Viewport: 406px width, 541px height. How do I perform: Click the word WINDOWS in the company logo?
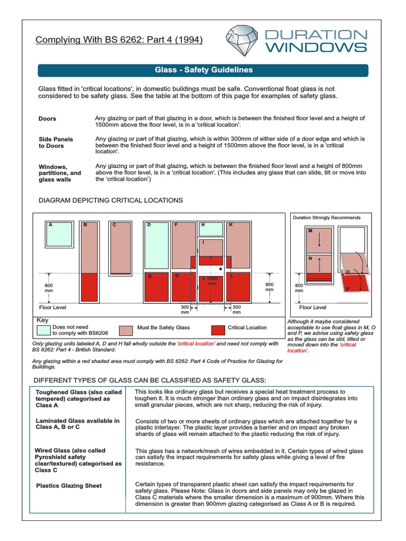click(315, 48)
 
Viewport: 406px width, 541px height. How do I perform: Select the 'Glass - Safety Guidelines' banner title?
click(203, 70)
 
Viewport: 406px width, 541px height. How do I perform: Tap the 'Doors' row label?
click(48, 119)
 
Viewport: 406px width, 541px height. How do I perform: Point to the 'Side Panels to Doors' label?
click(56, 143)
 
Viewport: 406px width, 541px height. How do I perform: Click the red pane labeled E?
click(157, 288)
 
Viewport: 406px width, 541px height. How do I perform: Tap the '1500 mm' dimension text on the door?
click(213, 281)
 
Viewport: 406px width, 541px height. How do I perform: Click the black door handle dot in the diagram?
click(220, 269)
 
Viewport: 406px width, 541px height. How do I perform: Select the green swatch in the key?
click(43, 331)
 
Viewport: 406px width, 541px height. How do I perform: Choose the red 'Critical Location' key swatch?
click(217, 331)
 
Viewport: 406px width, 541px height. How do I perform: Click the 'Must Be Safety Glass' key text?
click(163, 328)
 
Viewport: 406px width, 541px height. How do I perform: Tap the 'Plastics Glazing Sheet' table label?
click(69, 486)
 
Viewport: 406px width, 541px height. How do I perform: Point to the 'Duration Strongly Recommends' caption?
click(327, 218)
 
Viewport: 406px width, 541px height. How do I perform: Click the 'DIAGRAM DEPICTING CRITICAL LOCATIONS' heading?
click(111, 201)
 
